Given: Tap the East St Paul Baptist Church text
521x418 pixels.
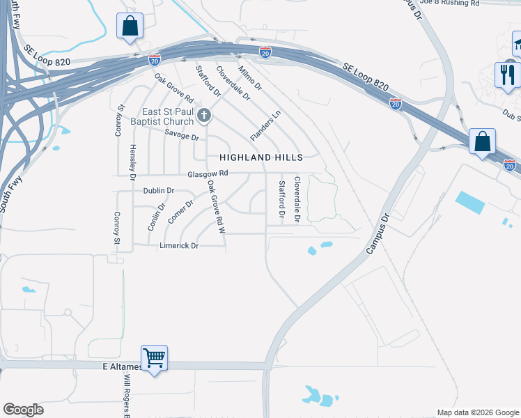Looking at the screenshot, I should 164,117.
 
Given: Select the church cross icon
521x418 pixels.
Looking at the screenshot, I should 204,114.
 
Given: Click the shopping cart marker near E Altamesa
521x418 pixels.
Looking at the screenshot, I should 154,358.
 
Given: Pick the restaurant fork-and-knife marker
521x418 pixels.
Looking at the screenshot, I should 507,73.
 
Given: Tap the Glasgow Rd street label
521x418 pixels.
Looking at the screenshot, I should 208,174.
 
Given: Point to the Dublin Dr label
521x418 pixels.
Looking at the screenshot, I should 158,190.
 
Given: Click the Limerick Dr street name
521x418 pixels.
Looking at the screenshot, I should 179,246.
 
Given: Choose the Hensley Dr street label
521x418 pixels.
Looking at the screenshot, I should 132,163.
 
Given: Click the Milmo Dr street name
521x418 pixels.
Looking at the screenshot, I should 249,79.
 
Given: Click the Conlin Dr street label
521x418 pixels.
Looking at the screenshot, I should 154,217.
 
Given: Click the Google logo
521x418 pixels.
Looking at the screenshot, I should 23,410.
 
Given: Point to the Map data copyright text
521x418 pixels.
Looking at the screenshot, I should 477,412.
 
